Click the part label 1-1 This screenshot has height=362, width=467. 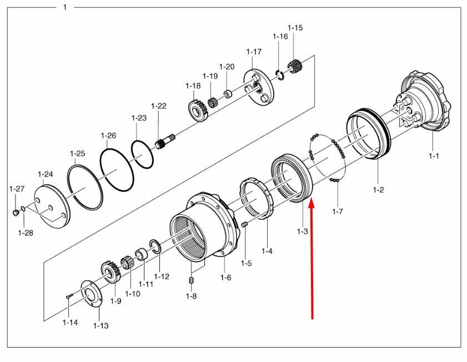click(434, 156)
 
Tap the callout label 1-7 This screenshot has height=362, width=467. click(338, 212)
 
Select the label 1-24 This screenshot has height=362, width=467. click(45, 174)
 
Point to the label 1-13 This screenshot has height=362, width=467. click(101, 325)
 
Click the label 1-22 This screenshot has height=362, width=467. click(159, 106)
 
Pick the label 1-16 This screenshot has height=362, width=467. click(280, 37)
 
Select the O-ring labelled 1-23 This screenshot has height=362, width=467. click(143, 154)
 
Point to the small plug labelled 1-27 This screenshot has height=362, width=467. click(16, 212)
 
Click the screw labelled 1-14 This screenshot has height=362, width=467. click(67, 296)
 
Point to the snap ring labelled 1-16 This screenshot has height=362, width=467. click(280, 75)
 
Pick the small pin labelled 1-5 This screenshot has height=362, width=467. click(244, 224)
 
